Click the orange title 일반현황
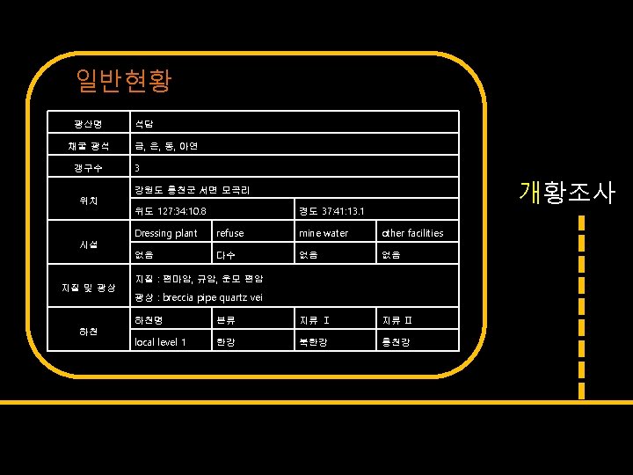tap(123, 82)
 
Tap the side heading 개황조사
tap(567, 192)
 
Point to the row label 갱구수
tap(87, 167)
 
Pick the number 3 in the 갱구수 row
tap(137, 167)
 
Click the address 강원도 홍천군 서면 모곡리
tap(192, 189)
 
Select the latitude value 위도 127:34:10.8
tap(171, 211)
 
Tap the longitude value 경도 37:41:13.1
tap(331, 211)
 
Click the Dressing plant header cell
tap(165, 233)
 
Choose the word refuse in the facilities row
tap(230, 233)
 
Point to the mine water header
tap(324, 233)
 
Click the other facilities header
tap(412, 233)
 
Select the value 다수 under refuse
tap(227, 255)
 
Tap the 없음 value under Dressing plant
tap(144, 255)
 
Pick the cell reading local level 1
tap(159, 341)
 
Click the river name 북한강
tap(314, 341)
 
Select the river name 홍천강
tap(397, 341)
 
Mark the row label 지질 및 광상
tap(87, 288)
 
